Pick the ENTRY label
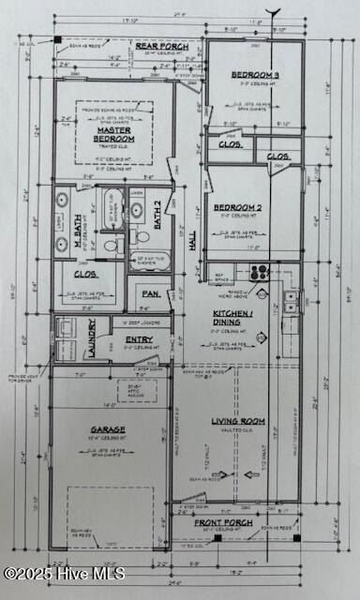(139, 339)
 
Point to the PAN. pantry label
(147, 293)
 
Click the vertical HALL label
(193, 242)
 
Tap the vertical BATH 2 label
(158, 215)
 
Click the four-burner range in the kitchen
(259, 274)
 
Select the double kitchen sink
(292, 302)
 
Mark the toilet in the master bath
(109, 246)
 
